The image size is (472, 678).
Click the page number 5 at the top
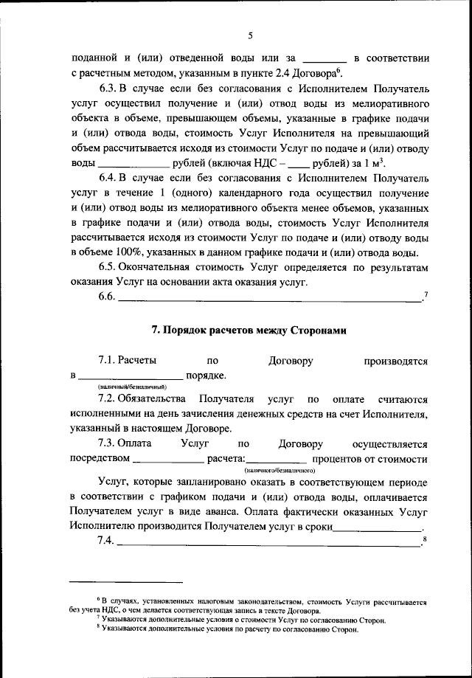tap(250, 35)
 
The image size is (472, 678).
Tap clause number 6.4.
tap(108, 178)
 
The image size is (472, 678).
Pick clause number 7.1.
tap(108, 362)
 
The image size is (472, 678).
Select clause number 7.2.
tap(108, 398)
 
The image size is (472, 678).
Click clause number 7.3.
tap(108, 444)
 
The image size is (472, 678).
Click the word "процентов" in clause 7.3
tap(341, 459)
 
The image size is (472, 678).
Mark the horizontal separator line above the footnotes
tap(126, 582)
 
